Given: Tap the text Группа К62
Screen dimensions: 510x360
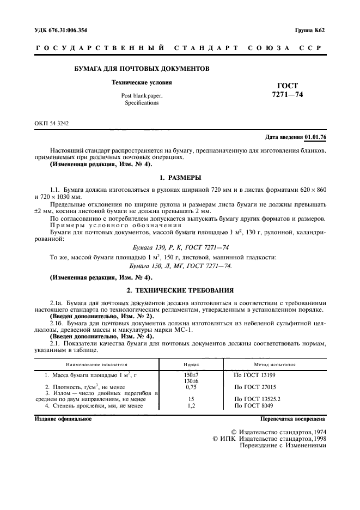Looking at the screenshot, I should click(x=310, y=31).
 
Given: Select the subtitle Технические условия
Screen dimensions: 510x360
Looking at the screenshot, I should click(x=142, y=83).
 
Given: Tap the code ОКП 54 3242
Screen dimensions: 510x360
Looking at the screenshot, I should click(x=52, y=124).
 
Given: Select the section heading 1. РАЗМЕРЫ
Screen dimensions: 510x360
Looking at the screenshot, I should click(x=180, y=178).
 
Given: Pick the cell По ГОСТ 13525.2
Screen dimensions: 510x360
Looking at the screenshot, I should click(x=257, y=399).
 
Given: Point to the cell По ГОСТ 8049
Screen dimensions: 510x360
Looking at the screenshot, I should click(x=254, y=405).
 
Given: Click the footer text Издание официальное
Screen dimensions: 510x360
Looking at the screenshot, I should click(x=63, y=419).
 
